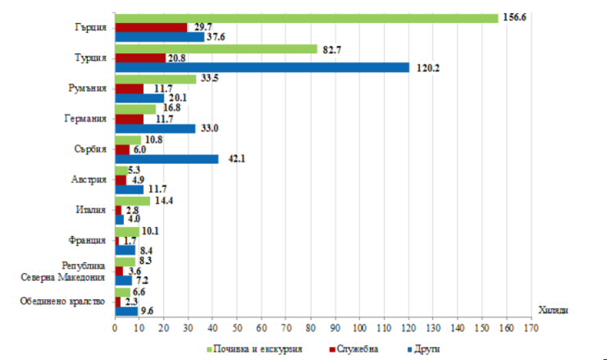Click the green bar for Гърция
(306, 18)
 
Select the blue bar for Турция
(262, 68)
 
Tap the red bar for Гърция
(151, 27)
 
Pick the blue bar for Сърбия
(167, 159)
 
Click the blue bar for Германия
(155, 128)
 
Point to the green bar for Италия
(132, 200)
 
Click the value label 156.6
(514, 17)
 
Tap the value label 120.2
(427, 68)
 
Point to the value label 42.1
(234, 159)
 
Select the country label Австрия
(89, 180)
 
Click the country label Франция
(88, 240)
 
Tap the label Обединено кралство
(63, 302)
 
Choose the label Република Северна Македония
(65, 271)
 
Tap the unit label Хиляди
(555, 309)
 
